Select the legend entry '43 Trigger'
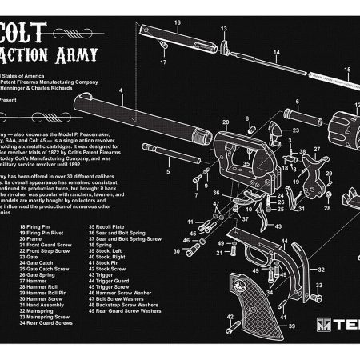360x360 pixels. click(x=105, y=275)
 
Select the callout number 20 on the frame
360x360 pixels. click(x=226, y=122)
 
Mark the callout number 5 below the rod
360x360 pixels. click(x=169, y=171)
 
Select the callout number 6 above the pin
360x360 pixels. click(x=297, y=102)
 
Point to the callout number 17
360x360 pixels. click(x=162, y=61)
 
